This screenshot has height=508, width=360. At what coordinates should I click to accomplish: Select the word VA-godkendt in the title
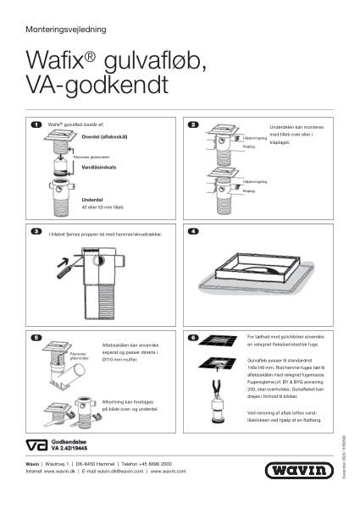[x=97, y=86]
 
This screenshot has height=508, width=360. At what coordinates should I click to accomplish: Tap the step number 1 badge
[x=36, y=124]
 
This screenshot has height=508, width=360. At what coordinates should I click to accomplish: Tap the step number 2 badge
[x=193, y=124]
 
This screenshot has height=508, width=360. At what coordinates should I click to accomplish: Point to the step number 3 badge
[x=36, y=230]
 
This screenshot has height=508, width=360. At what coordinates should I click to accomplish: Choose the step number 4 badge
[x=193, y=230]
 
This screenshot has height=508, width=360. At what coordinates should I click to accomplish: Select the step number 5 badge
[x=36, y=338]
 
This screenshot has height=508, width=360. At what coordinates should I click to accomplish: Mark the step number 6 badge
[x=193, y=338]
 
